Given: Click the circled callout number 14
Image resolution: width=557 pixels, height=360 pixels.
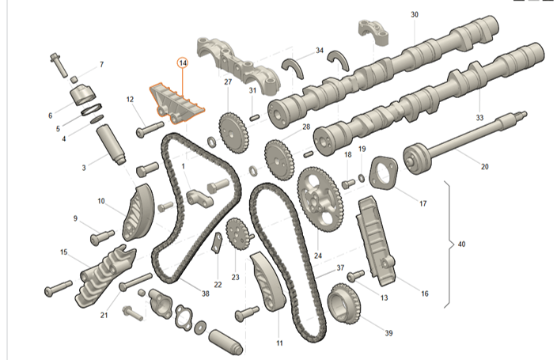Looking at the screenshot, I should point(183,63).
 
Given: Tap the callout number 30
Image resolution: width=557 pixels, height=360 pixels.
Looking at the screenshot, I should point(415,15).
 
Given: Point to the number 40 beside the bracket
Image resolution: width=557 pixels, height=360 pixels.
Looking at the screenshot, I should point(461,244).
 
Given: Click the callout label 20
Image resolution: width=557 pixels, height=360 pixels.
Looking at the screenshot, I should point(485,167).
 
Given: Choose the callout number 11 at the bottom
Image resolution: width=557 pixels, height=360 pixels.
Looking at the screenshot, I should point(279,343).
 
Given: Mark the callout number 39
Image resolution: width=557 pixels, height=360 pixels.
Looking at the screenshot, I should point(388,333).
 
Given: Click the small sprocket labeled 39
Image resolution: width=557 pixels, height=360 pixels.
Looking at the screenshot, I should point(343,305).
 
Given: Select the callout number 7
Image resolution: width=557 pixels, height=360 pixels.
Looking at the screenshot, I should point(100,64).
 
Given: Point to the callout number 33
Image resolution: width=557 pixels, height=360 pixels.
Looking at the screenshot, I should point(479,117).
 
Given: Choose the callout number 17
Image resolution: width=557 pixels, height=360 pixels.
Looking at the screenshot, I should point(422,203).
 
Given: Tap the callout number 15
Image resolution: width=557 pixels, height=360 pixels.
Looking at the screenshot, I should point(64,252).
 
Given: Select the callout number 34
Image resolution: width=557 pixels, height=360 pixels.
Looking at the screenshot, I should point(320,51).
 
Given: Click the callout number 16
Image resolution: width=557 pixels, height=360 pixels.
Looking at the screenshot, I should point(424,294).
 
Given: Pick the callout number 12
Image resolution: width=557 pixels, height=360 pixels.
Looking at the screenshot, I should point(130,99).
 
